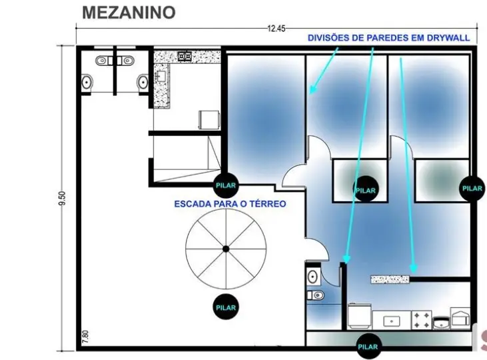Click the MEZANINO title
(129, 13)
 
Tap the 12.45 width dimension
(276, 29)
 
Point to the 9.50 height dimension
(62, 198)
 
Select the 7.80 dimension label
(86, 337)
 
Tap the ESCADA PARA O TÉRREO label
(230, 204)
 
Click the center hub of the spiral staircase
(226, 249)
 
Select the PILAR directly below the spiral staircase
(226, 307)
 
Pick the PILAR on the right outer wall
(472, 188)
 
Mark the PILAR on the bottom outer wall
(368, 346)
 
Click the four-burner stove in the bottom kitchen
(422, 320)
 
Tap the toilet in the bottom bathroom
(316, 295)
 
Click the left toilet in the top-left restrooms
(87, 83)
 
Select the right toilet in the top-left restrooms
(143, 83)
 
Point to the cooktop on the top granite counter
(185, 56)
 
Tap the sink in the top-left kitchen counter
(161, 76)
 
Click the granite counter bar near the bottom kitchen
(390, 279)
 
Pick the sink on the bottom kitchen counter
(392, 321)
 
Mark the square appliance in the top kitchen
(209, 120)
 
